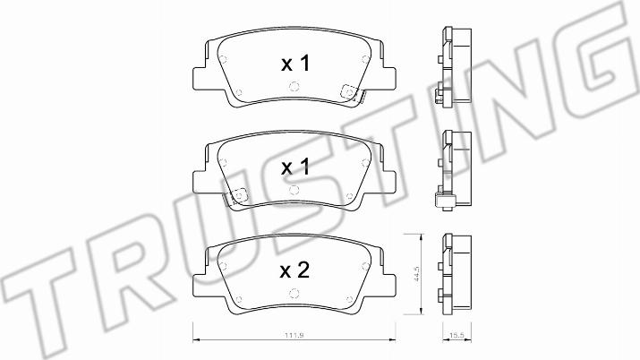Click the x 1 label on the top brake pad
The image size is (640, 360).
[x=296, y=64]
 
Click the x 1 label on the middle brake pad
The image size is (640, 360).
[x=296, y=167]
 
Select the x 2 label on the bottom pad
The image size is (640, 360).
[x=295, y=270]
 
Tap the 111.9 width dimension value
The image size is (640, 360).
[x=294, y=336]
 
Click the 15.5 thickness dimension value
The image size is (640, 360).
[x=457, y=336]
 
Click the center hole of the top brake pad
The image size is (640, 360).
[x=294, y=87]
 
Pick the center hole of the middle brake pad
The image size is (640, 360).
[x=294, y=190]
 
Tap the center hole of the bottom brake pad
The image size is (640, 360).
[x=294, y=293]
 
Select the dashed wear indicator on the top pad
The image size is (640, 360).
[x=350, y=92]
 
